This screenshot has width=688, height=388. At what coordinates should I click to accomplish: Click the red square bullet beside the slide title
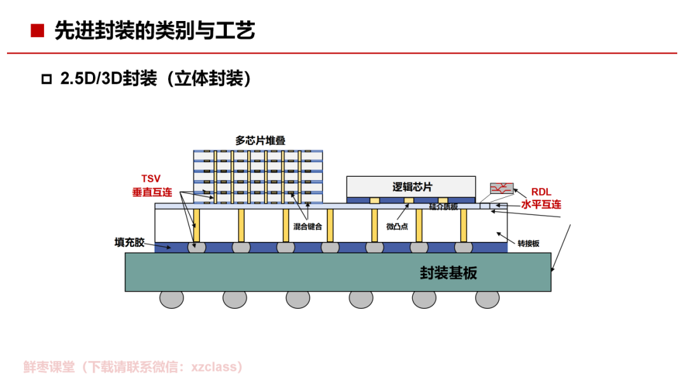click(38, 31)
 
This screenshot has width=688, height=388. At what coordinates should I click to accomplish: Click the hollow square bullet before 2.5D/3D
click(46, 80)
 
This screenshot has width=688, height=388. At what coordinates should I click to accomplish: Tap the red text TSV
click(150, 179)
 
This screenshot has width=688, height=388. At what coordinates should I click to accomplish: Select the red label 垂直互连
click(152, 191)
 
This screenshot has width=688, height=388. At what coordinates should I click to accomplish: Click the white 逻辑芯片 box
click(411, 186)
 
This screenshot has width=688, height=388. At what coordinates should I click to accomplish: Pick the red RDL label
click(541, 191)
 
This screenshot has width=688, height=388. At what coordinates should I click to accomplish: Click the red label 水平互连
click(541, 204)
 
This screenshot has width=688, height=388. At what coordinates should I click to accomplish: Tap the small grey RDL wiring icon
click(501, 189)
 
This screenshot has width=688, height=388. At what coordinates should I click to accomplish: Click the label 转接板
click(528, 243)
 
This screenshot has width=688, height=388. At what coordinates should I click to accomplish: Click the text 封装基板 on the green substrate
click(448, 272)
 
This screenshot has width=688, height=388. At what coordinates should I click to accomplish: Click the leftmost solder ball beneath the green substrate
click(171, 298)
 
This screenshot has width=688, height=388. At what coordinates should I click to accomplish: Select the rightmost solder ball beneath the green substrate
click(487, 298)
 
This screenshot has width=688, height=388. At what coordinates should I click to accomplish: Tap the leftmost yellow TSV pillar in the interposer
click(197, 225)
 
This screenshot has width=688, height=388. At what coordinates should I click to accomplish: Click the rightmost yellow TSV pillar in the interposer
click(464, 225)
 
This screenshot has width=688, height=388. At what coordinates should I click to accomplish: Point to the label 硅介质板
click(443, 206)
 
